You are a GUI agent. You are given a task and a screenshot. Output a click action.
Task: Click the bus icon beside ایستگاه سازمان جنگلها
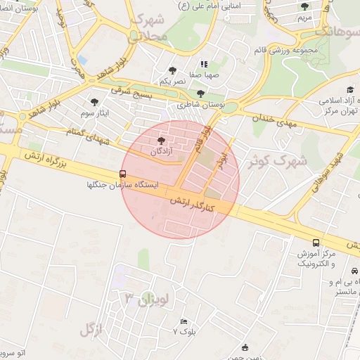tap(123, 174)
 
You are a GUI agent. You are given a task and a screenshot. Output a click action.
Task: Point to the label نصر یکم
tap(173, 82)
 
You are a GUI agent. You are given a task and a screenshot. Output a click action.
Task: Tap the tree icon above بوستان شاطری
tap(201, 93)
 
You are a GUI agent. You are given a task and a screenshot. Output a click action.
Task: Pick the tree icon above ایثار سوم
tap(95, 103)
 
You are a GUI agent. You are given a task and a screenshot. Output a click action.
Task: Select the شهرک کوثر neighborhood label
tap(278, 161)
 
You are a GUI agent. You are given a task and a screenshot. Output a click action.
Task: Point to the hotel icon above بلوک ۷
tap(184, 321)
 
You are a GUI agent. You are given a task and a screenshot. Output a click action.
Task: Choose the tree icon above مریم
tap(304, 6)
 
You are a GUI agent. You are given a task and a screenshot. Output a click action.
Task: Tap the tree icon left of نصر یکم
tap(173, 70)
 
